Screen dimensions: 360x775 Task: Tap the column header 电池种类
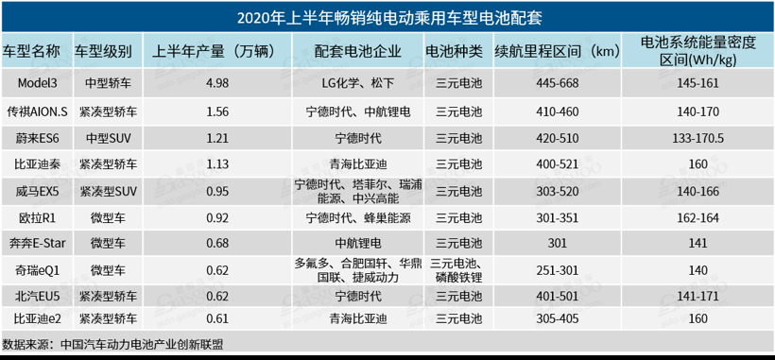coord(454,50)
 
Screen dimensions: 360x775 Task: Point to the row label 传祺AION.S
coord(38,111)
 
